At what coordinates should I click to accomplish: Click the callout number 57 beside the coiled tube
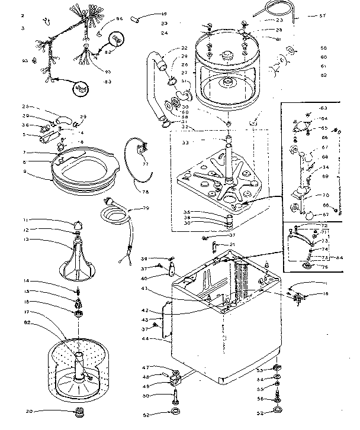pos(339,15)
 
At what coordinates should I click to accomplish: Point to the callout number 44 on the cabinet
pos(145,340)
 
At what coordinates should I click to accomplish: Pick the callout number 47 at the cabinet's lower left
pos(145,368)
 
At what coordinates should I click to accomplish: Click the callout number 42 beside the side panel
pos(145,310)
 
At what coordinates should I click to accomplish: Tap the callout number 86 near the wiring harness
pos(119,20)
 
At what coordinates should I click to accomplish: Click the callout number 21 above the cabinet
pos(232,245)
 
